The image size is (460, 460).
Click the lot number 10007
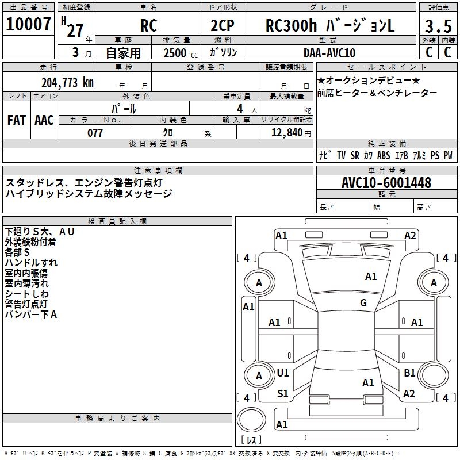click(28, 24)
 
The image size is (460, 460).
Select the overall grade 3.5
click(438, 26)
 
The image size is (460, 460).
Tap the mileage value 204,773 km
click(67, 83)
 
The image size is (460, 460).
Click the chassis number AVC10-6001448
click(386, 183)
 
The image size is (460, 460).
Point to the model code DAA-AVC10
click(329, 53)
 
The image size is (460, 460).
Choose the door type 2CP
click(223, 25)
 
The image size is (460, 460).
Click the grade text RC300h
click(291, 25)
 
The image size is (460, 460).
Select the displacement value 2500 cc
click(181, 53)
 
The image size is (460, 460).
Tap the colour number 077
click(95, 133)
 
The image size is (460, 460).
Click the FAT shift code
click(17, 120)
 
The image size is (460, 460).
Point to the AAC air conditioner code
click(44, 120)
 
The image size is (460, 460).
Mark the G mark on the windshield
click(363, 303)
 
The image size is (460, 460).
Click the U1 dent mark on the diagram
click(283, 373)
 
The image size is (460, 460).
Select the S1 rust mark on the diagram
click(283, 394)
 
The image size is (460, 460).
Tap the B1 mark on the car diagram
click(409, 373)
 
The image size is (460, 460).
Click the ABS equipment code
click(384, 155)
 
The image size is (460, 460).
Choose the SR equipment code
click(355, 155)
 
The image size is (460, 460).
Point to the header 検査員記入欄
click(117, 221)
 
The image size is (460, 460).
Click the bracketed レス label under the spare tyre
click(251, 440)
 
